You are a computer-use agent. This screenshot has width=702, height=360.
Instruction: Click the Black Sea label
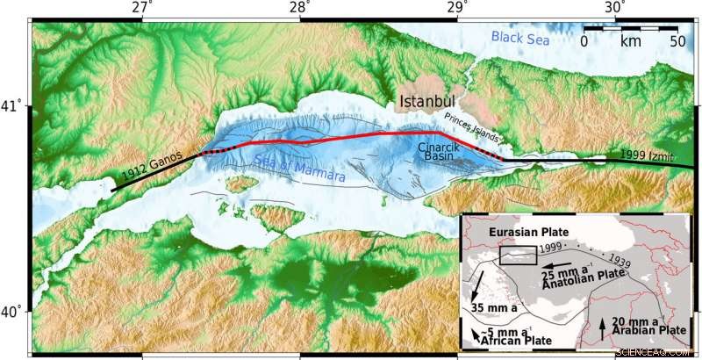tap(519, 37)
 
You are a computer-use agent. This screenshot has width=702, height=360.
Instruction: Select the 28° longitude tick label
tap(299, 8)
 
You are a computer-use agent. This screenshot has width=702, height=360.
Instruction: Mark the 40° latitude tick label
tap(13, 312)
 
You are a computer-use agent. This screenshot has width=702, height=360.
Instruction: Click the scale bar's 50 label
tap(677, 40)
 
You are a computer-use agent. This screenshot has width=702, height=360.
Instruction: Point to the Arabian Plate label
tap(649, 330)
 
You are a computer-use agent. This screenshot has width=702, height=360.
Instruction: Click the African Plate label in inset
tap(518, 342)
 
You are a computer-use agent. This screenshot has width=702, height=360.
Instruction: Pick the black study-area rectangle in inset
tap(518, 256)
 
